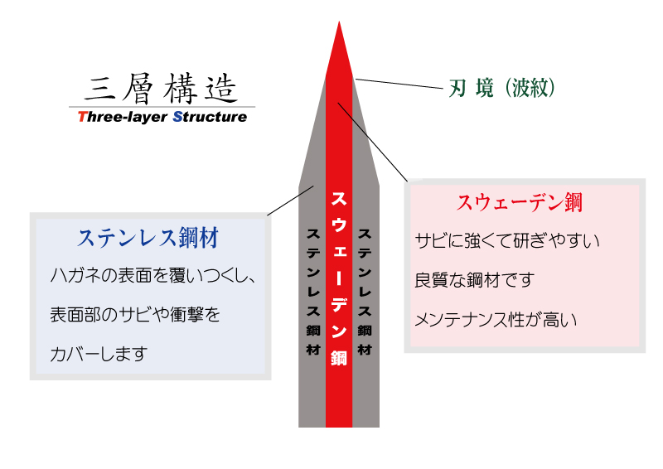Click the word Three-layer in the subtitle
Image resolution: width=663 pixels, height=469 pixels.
[123, 117]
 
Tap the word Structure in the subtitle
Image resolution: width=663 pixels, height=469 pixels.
[210, 117]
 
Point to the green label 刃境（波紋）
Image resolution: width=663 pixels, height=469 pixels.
[501, 88]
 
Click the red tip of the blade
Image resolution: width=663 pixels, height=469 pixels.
[339, 22]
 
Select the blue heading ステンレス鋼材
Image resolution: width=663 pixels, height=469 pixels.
[148, 237]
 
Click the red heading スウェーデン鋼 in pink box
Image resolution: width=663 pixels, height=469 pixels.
[520, 202]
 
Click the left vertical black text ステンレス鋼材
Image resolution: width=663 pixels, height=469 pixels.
[313, 292]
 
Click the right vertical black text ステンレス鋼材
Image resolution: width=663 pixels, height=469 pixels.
[365, 292]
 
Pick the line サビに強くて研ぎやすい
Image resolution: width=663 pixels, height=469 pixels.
[507, 240]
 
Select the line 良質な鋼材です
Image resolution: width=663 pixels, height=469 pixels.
[474, 280]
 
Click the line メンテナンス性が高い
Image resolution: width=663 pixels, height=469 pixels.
[496, 320]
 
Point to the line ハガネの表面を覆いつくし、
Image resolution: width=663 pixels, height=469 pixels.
[153, 275]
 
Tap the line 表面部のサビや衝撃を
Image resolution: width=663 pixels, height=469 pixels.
[135, 315]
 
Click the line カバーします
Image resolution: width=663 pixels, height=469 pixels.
[99, 354]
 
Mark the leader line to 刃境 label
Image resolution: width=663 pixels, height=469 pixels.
[399, 84]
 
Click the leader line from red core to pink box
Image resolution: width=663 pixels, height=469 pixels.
[372, 142]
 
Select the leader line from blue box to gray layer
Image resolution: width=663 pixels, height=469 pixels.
[291, 201]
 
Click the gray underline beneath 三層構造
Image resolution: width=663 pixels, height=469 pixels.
[162, 107]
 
